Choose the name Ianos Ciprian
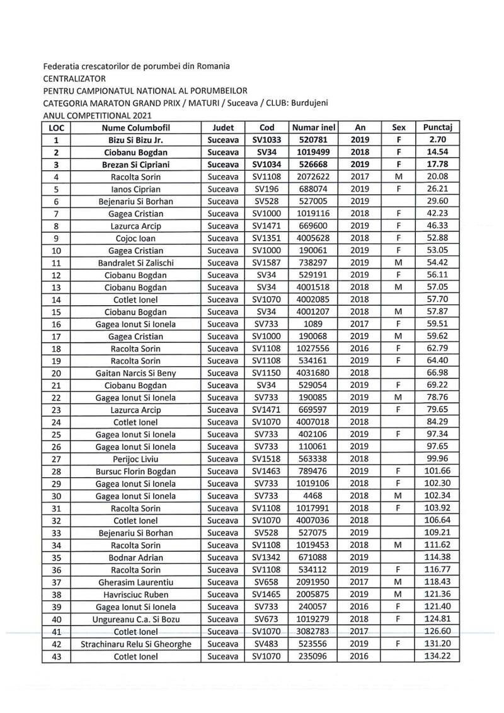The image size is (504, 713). pyautogui.click(x=135, y=189)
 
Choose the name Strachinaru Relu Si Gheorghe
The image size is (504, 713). pyautogui.click(x=135, y=644)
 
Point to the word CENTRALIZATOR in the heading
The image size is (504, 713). pyautogui.click(x=74, y=79)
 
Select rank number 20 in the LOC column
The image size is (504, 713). pyautogui.click(x=57, y=373)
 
